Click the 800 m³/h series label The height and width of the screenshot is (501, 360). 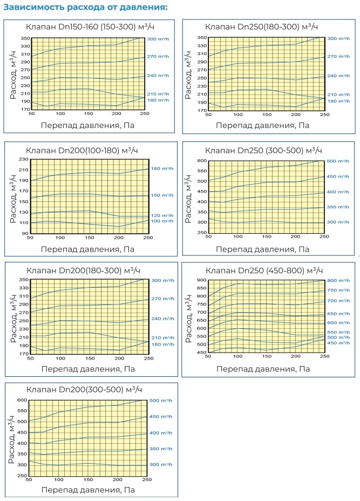[x=339, y=280]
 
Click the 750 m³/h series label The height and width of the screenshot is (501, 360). [x=339, y=290]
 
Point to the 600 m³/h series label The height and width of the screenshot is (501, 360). [x=339, y=323]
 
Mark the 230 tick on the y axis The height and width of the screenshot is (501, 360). [x=23, y=159]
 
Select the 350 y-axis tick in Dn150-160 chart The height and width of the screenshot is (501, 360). [x=23, y=39]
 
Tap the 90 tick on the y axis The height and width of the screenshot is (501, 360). [x=24, y=233]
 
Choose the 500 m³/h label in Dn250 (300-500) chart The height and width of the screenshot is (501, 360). [x=339, y=161]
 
